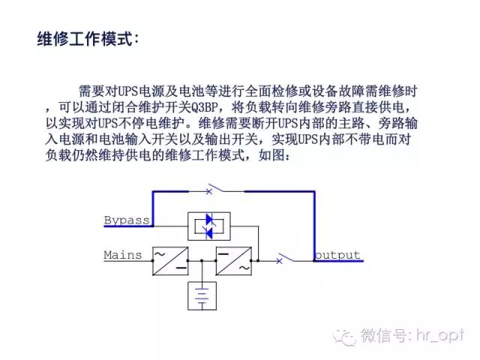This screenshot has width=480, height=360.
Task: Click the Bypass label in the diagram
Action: [x=127, y=220]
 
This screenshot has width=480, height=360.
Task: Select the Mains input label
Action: [x=123, y=255]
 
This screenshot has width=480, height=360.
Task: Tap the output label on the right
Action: [x=337, y=255]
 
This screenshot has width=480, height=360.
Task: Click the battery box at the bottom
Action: [x=202, y=295]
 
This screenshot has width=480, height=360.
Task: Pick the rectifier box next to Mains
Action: [x=170, y=261]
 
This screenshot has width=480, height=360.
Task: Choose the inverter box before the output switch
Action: [x=234, y=261]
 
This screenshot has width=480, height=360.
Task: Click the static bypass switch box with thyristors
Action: [x=209, y=226]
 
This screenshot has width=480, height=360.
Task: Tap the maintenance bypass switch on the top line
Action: [x=216, y=189]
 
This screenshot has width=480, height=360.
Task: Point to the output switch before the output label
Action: [x=285, y=258]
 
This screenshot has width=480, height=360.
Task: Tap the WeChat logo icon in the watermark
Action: [x=345, y=337]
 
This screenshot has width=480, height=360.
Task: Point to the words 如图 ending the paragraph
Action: [x=271, y=155]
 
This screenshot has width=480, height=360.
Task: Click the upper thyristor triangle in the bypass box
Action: [x=210, y=219]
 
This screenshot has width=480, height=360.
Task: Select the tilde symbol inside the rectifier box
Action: [x=160, y=253]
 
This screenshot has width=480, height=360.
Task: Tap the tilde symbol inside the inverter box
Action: [x=244, y=268]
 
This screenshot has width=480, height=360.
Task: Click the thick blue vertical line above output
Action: [x=314, y=226]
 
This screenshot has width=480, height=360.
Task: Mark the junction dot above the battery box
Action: [x=202, y=261]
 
